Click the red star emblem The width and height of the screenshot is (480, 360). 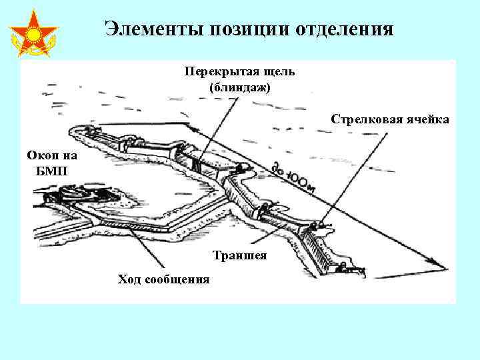pos(33,33)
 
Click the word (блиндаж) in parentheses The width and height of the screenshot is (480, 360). pos(240,87)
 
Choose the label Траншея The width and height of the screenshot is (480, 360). pos(240,255)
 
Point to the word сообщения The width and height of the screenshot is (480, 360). pos(177,279)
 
